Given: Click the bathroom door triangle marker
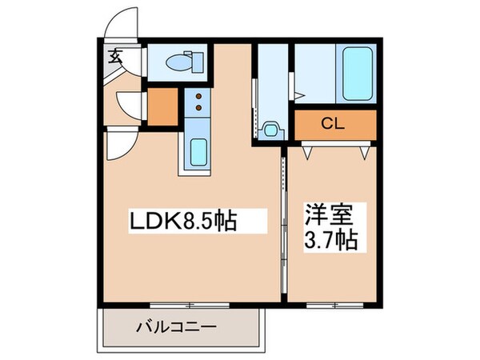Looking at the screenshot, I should point(298,95).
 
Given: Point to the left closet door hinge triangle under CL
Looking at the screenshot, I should point(306,148).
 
